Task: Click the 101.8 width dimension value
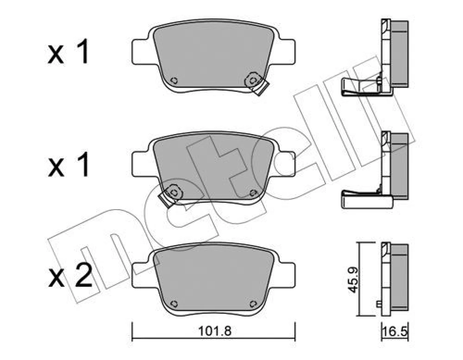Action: coord(215,331)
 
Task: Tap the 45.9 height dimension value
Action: coord(353,279)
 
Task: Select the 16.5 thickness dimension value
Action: coord(395,332)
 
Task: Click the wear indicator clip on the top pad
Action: coord(257,83)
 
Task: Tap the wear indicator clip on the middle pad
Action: coord(170,196)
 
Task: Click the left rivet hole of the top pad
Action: coord(175,80)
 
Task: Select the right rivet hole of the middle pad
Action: coord(253,193)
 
